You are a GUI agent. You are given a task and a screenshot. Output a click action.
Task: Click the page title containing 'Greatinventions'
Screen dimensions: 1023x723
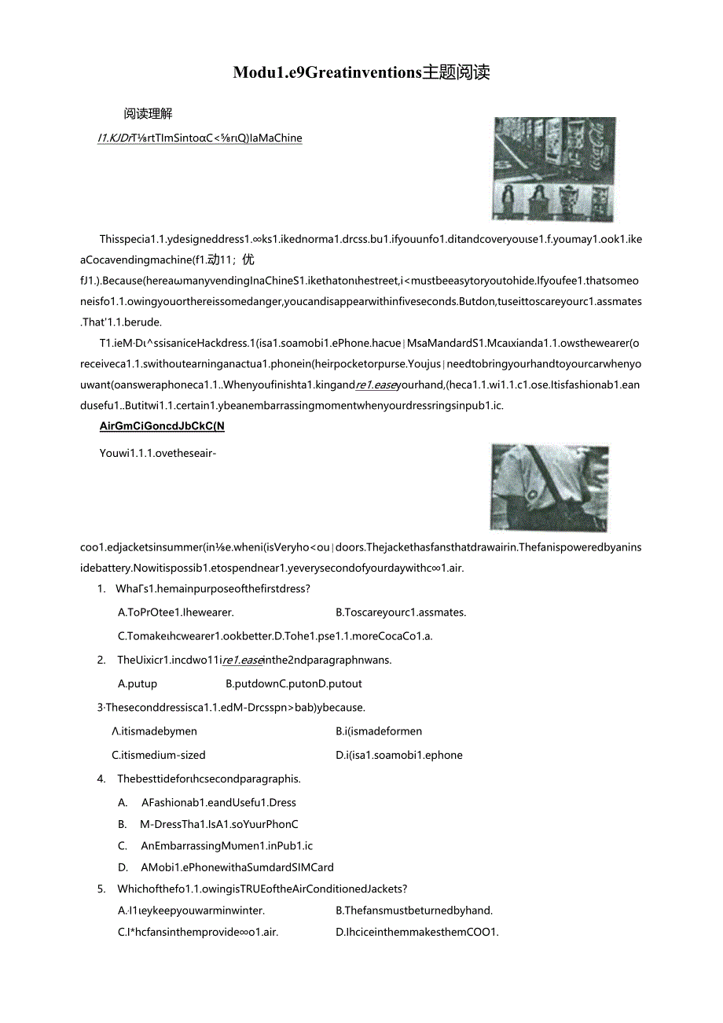361,73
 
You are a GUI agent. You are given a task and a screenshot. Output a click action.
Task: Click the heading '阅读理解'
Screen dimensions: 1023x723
148,114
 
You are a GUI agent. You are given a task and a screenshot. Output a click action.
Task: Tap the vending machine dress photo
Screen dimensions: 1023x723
553,168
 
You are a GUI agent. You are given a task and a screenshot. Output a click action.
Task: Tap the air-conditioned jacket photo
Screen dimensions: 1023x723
549,487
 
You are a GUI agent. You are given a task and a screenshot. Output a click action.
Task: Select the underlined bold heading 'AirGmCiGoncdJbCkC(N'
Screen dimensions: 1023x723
162,427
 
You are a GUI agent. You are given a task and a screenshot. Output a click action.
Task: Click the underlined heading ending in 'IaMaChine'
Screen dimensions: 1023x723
200,138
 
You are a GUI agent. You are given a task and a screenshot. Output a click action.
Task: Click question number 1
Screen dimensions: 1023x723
101,589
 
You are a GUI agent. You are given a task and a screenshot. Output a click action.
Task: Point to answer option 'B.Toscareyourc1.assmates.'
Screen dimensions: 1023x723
400,613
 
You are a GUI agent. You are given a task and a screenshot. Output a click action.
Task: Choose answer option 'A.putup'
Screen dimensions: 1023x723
138,684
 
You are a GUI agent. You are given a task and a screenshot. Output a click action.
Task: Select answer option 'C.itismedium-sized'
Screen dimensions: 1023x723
159,756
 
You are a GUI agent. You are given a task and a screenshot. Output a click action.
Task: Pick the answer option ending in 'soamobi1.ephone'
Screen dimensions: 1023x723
398,756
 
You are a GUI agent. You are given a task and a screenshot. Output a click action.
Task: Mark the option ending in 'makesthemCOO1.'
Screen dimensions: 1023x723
417,933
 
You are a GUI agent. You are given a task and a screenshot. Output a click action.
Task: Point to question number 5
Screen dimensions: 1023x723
101,889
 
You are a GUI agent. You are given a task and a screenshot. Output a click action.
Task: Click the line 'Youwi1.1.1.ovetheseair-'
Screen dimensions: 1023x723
158,453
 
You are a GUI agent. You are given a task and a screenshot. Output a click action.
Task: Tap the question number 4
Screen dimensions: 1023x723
101,779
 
